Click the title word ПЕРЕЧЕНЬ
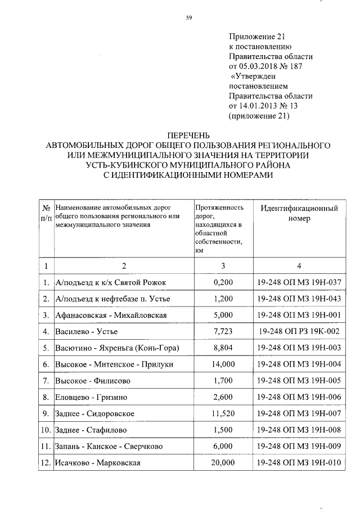[x=188, y=135]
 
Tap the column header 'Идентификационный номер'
[x=299, y=214]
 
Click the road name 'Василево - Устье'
[x=87, y=331]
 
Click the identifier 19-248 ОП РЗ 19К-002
[x=299, y=331]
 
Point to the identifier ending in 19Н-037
[x=299, y=282]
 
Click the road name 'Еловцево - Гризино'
[x=91, y=397]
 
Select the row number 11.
[x=46, y=447]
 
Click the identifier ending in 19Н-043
[x=299, y=298]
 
